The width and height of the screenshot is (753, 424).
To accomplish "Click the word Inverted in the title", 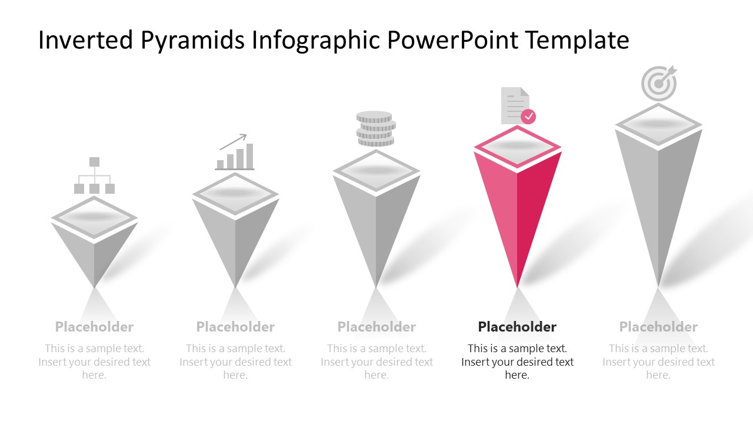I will coord(86,40).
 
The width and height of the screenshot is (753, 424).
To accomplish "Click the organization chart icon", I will coord(94,175).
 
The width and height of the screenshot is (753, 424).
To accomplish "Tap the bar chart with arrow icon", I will coord(235,153).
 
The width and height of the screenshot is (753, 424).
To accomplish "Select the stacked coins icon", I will coord(376,129).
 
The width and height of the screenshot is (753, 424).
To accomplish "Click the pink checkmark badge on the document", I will coord(529,116).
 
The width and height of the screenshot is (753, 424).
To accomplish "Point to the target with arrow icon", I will coord(659,83).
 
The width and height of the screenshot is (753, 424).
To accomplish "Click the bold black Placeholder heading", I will coord(517,327).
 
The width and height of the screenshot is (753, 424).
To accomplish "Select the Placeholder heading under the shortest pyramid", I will coord(94,327).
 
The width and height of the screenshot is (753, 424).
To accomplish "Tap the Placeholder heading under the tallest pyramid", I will coord(658,327).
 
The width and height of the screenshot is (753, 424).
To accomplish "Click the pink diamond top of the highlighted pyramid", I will coord(518,147).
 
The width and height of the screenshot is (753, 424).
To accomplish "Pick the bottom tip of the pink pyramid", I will coord(518,286).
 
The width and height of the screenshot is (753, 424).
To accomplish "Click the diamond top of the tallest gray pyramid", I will coord(659,124).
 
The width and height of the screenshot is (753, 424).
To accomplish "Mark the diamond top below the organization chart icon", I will coord(94,217).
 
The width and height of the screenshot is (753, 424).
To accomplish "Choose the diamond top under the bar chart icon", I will coord(235,194).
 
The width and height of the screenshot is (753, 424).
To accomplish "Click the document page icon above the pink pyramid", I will coord(514,106).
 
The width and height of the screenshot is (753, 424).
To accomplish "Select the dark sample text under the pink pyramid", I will coord(517,362).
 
